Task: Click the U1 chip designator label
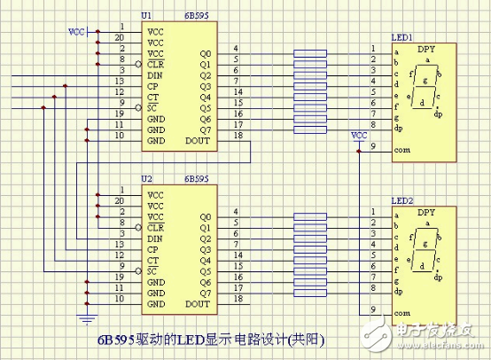pos(148,15)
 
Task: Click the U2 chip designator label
pos(148,179)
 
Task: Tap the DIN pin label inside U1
pos(156,74)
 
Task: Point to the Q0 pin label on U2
pos(206,216)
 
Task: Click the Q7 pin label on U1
pos(206,130)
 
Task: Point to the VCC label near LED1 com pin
pos(359,136)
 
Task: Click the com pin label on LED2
pos(401,312)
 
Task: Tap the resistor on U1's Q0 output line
pos(309,52)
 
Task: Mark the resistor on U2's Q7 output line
pos(309,293)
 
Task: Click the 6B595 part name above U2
pos(196,179)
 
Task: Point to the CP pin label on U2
pos(154,249)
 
